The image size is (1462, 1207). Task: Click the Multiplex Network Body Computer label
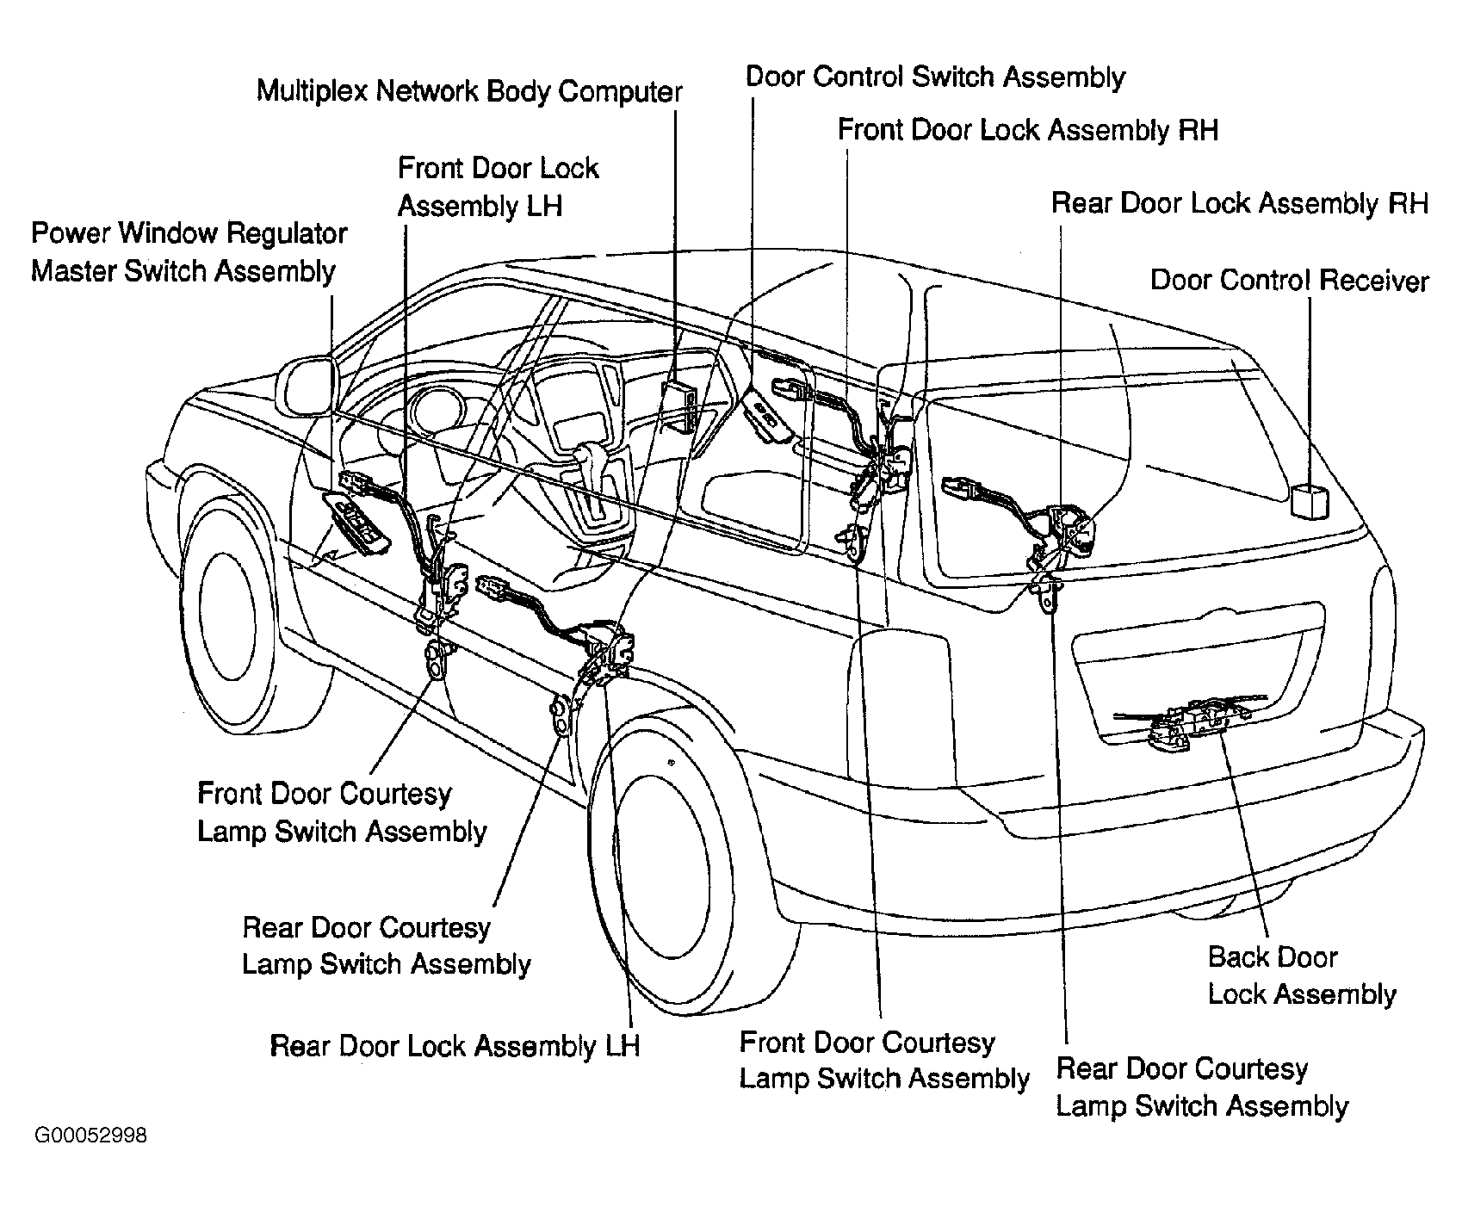coord(469,91)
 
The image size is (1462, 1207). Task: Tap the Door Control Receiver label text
coord(1290,281)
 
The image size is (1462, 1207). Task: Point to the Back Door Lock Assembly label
coord(1302,975)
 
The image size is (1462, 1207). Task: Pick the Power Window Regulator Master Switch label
coord(189,252)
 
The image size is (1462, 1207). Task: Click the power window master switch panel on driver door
coord(355,522)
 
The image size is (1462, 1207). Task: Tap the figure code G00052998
coord(90,1136)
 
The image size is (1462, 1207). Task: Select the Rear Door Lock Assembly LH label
coord(455,1046)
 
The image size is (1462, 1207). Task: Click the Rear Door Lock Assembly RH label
coord(1240,204)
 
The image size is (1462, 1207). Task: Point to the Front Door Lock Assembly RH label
coord(1028,130)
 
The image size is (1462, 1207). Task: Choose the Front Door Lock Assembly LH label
coord(498,187)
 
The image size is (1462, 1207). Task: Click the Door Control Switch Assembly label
coord(935,77)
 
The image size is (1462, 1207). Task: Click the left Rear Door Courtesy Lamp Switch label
coord(387,946)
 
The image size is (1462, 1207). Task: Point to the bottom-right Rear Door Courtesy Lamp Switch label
coord(1202,1087)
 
